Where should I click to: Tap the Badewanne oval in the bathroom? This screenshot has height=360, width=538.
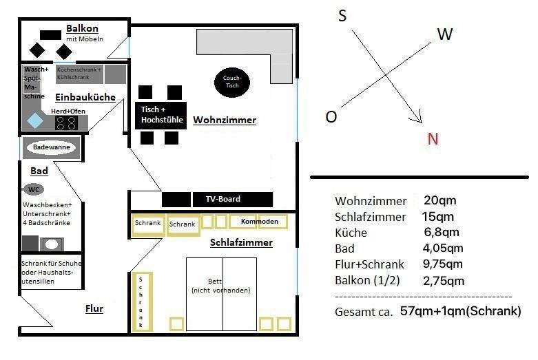click(52, 147)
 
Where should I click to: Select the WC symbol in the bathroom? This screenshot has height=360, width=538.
click(33, 189)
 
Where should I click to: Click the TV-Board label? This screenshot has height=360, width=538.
click(223, 200)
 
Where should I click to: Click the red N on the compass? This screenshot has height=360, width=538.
click(433, 139)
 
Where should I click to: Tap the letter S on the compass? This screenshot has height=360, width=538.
click(342, 16)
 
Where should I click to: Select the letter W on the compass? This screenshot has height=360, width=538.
click(444, 34)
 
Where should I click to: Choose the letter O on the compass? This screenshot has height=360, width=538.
click(331, 117)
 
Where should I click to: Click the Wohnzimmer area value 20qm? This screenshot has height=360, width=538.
click(439, 201)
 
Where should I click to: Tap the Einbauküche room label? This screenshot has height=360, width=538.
click(85, 97)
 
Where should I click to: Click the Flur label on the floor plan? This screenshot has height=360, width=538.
click(94, 308)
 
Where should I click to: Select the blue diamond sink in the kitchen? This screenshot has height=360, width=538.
click(34, 121)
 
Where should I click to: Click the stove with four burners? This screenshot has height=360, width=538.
click(66, 123)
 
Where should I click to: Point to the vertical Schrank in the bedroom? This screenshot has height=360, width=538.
click(141, 301)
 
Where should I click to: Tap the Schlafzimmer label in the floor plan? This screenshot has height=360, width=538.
click(241, 242)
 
